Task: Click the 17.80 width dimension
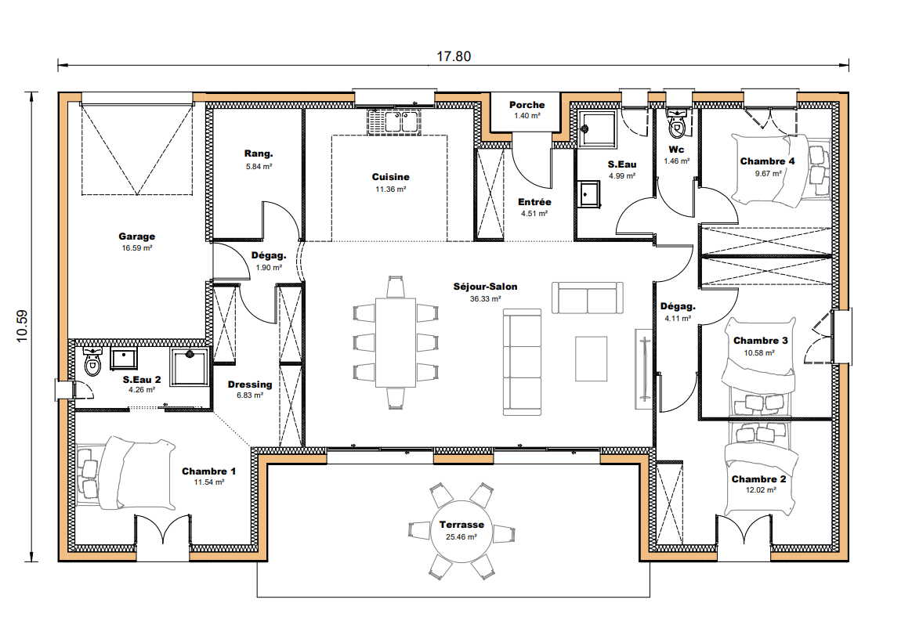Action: click(x=454, y=56)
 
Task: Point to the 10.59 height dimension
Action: click(x=22, y=327)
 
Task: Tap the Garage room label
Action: click(x=136, y=236)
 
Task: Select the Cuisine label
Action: click(x=391, y=177)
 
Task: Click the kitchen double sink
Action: click(x=394, y=121)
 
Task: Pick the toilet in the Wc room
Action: click(x=676, y=123)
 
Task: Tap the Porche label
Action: click(x=527, y=105)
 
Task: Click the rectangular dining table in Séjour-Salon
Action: click(x=396, y=342)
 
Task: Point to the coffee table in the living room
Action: click(x=591, y=359)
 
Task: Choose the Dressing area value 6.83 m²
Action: click(x=250, y=395)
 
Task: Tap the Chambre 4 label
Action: click(x=767, y=161)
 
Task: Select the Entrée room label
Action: click(x=534, y=202)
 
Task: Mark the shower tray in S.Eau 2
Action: click(x=189, y=366)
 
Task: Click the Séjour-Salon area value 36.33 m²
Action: click(x=485, y=299)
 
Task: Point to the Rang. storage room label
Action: click(x=259, y=153)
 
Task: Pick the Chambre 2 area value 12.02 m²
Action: click(x=761, y=490)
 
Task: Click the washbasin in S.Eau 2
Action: click(x=124, y=359)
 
